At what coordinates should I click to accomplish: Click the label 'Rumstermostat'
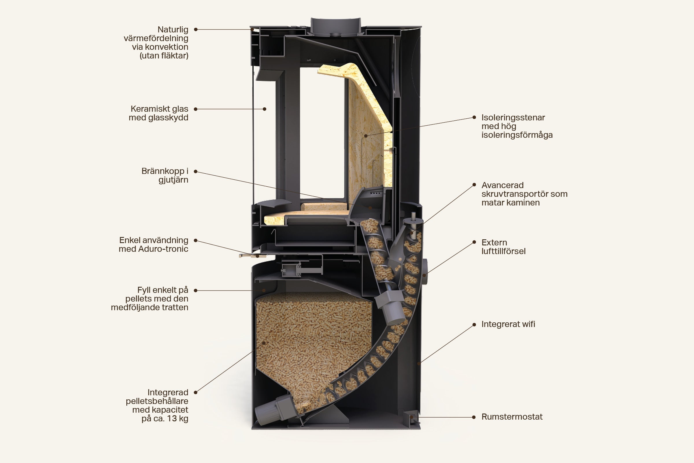point(512,417)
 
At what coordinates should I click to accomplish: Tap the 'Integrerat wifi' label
point(508,324)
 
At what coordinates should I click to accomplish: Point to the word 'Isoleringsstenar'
point(513,117)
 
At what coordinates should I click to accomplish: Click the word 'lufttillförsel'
point(503,251)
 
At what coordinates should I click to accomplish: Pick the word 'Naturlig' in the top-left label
point(173,30)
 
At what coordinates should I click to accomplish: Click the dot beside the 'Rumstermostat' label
point(474,417)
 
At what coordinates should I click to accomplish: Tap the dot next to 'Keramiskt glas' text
point(195,109)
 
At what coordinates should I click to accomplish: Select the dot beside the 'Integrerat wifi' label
point(474,324)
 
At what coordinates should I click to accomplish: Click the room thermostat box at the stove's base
point(411,417)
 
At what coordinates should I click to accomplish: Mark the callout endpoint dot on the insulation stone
point(366,136)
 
